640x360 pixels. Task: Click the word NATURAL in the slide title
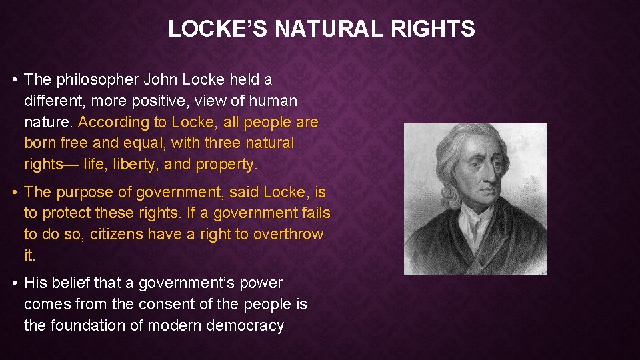click(x=325, y=29)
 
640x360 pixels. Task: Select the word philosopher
click(x=97, y=80)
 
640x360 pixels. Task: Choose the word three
click(x=224, y=143)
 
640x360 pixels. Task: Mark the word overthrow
click(x=288, y=235)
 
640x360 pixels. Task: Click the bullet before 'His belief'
click(x=15, y=283)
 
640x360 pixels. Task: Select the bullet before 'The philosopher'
click(x=15, y=80)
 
